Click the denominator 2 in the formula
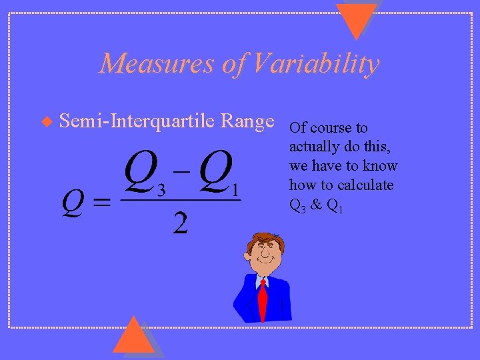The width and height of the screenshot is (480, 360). [180, 223]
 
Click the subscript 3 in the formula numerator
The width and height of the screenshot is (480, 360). [161, 190]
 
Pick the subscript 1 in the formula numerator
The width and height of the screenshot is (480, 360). [235, 190]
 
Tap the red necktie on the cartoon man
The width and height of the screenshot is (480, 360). [263, 301]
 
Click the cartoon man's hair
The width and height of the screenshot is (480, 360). [265, 239]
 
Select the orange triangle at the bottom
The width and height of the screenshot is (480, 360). [133, 337]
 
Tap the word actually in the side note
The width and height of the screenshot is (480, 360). [313, 147]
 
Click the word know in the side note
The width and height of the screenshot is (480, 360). [382, 166]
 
